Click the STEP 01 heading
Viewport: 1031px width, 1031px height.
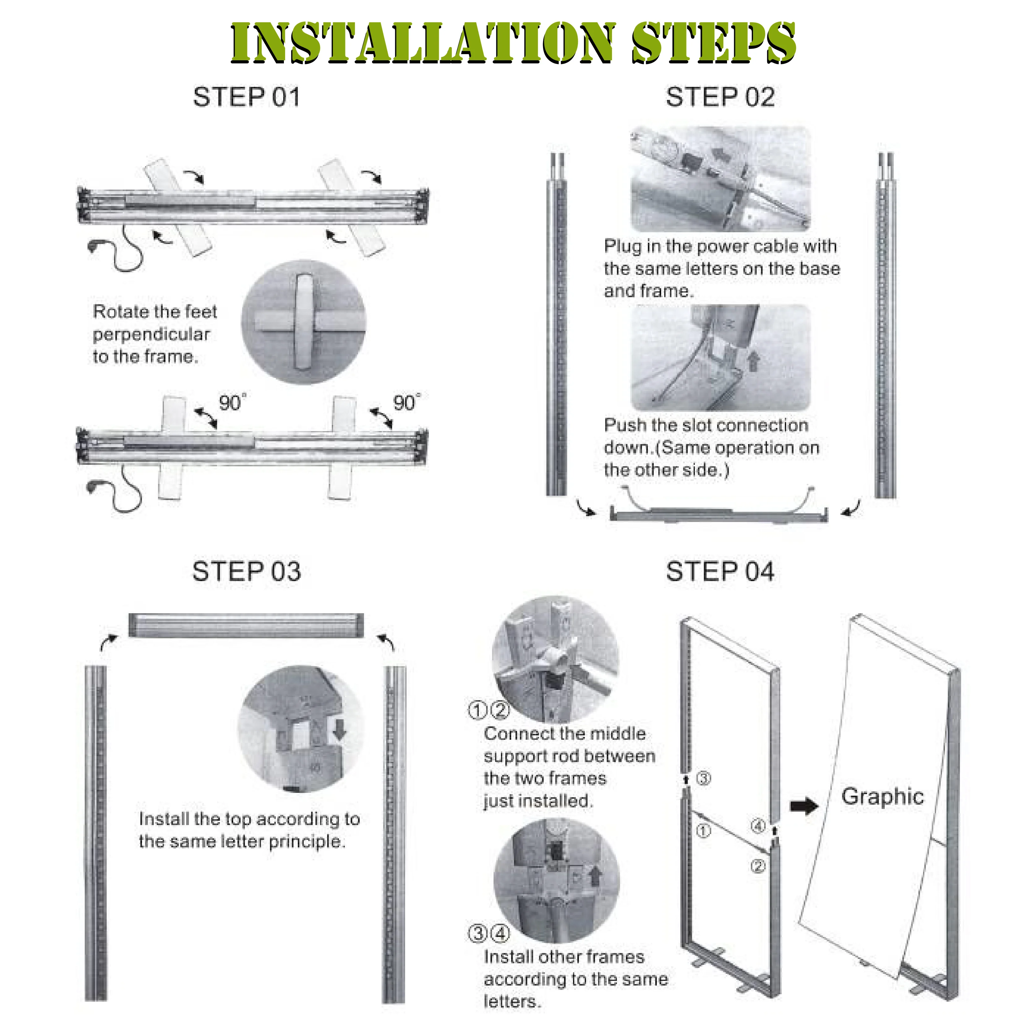(246, 97)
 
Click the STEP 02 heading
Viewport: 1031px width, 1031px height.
(720, 97)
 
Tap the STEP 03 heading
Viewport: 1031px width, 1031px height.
(246, 571)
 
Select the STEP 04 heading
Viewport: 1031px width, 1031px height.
(720, 571)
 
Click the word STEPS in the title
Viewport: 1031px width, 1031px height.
(713, 43)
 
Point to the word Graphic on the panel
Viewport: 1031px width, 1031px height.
(883, 797)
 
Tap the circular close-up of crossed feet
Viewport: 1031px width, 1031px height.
(304, 322)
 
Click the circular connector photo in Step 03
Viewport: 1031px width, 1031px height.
(301, 729)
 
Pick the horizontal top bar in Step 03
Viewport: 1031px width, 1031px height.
(246, 625)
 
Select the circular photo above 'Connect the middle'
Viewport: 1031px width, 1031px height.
(555, 660)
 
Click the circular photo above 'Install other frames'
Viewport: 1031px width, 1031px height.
(557, 881)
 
